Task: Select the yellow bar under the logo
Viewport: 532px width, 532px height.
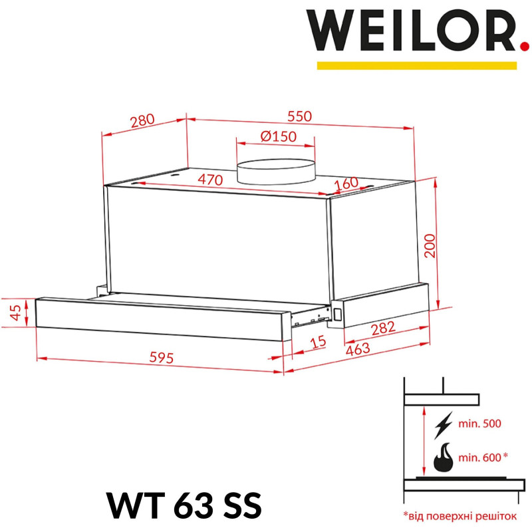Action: coord(416,65)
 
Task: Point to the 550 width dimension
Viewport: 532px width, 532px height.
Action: coord(299,116)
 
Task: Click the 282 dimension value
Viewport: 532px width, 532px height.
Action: coord(382,327)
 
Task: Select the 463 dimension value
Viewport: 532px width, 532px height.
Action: coord(357,349)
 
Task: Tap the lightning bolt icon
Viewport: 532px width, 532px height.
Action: coord(444,423)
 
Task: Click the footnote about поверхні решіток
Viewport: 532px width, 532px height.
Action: coord(459,515)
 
